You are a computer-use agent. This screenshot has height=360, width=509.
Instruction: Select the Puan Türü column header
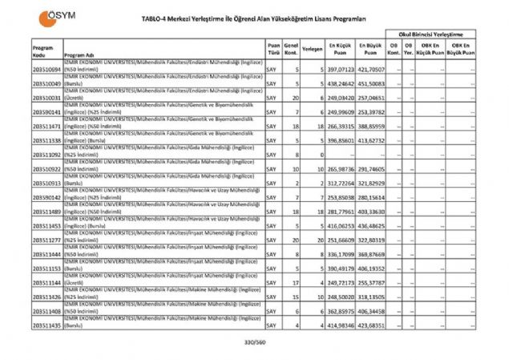(274, 48)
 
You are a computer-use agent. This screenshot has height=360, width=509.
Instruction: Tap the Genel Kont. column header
(292, 48)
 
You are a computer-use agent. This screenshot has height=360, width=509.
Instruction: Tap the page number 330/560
(254, 342)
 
